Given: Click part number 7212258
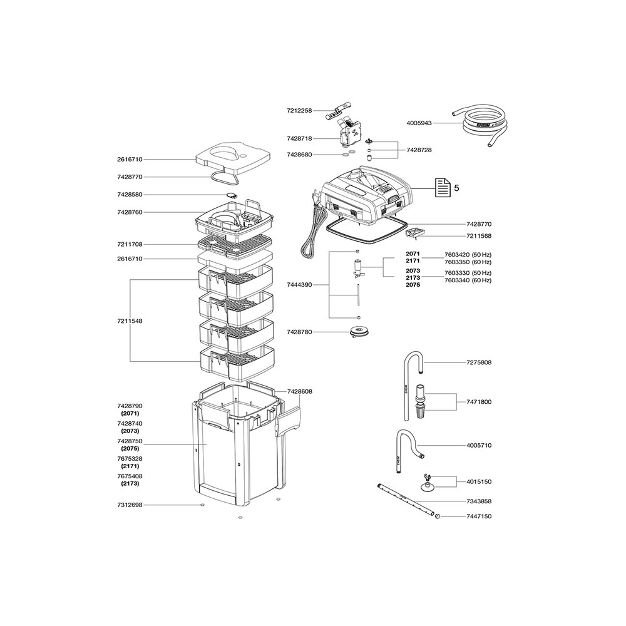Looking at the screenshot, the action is click(x=299, y=111).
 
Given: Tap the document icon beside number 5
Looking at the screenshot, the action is click(x=442, y=187).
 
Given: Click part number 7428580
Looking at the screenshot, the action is click(x=130, y=195).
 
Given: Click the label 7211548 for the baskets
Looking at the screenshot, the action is click(x=130, y=321).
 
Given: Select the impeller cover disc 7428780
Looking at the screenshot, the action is click(x=359, y=332).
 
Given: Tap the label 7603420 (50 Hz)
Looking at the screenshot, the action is click(x=468, y=255).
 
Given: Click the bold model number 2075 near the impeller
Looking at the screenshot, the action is click(x=413, y=285).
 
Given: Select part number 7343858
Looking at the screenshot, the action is click(x=479, y=501).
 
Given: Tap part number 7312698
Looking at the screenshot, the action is click(x=130, y=505).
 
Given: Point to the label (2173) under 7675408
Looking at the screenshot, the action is click(x=130, y=483).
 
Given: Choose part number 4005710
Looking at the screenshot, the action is click(x=479, y=445).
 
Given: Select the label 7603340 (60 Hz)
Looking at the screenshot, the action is click(x=468, y=280).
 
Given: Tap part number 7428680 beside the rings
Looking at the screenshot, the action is click(x=299, y=155).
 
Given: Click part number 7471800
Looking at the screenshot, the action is click(x=479, y=402).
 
